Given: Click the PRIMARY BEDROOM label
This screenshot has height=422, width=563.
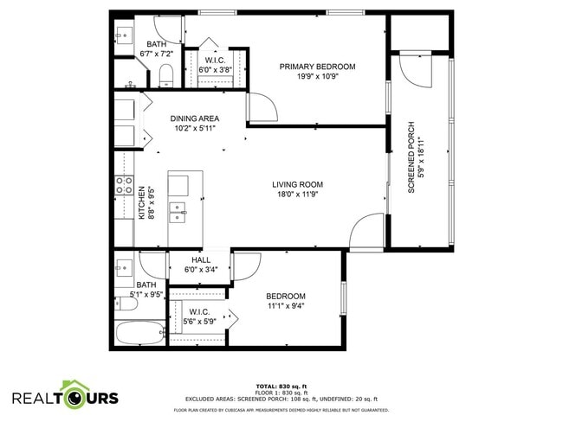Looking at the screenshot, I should coord(317,67).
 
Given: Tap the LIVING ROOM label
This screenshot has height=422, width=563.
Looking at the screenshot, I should coord(297,184).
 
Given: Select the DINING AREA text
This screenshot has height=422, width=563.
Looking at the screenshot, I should coord(194,118).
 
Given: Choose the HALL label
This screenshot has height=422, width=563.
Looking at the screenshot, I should coord(201,259).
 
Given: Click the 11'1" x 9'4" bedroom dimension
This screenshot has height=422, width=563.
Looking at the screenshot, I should coord(285,305).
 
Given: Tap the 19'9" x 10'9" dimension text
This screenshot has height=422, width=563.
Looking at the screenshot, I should coord(317,76).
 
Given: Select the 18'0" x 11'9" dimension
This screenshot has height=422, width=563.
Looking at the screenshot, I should coord(297,195).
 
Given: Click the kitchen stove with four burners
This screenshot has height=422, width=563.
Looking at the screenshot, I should coord(125,185).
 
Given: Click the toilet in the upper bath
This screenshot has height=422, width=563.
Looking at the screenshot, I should coord(167,75).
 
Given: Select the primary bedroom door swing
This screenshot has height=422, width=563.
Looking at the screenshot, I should coord(262,107).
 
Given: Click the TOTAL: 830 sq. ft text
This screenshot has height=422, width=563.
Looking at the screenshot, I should coord(281,385).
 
